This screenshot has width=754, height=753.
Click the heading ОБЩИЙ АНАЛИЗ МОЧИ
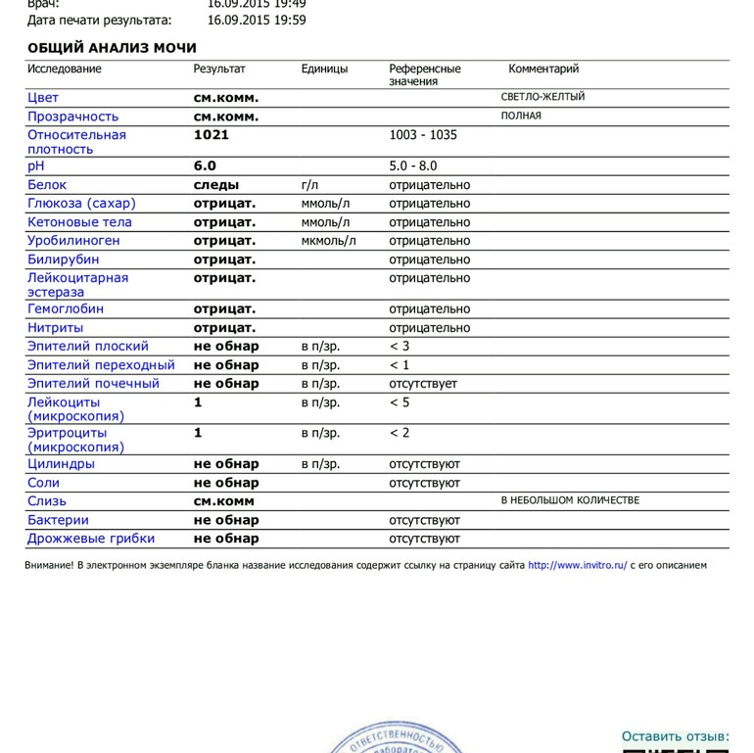[112, 48]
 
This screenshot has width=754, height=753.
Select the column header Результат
[219, 69]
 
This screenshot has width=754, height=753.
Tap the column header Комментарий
[543, 69]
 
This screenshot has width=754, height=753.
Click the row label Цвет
[43, 98]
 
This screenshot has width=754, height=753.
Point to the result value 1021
[212, 135]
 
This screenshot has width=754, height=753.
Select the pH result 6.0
[205, 166]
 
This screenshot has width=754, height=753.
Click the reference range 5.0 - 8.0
[413, 166]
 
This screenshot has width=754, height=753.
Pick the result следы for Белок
[216, 185]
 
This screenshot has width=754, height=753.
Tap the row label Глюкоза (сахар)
[81, 204]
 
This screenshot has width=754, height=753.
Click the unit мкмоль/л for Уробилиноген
[329, 241]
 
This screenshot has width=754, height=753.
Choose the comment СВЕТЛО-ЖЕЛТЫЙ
[542, 97]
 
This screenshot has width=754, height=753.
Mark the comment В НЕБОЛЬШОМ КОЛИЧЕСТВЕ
[570, 500]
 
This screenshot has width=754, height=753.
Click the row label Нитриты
[55, 328]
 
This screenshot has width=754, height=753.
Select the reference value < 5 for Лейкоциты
[400, 402]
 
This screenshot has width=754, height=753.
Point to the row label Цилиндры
[61, 464]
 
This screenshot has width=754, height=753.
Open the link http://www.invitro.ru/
[577, 565]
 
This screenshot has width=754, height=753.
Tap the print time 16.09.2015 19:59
[257, 20]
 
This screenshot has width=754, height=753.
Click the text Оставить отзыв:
[676, 736]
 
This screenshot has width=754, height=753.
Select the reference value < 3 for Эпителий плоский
[400, 346]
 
